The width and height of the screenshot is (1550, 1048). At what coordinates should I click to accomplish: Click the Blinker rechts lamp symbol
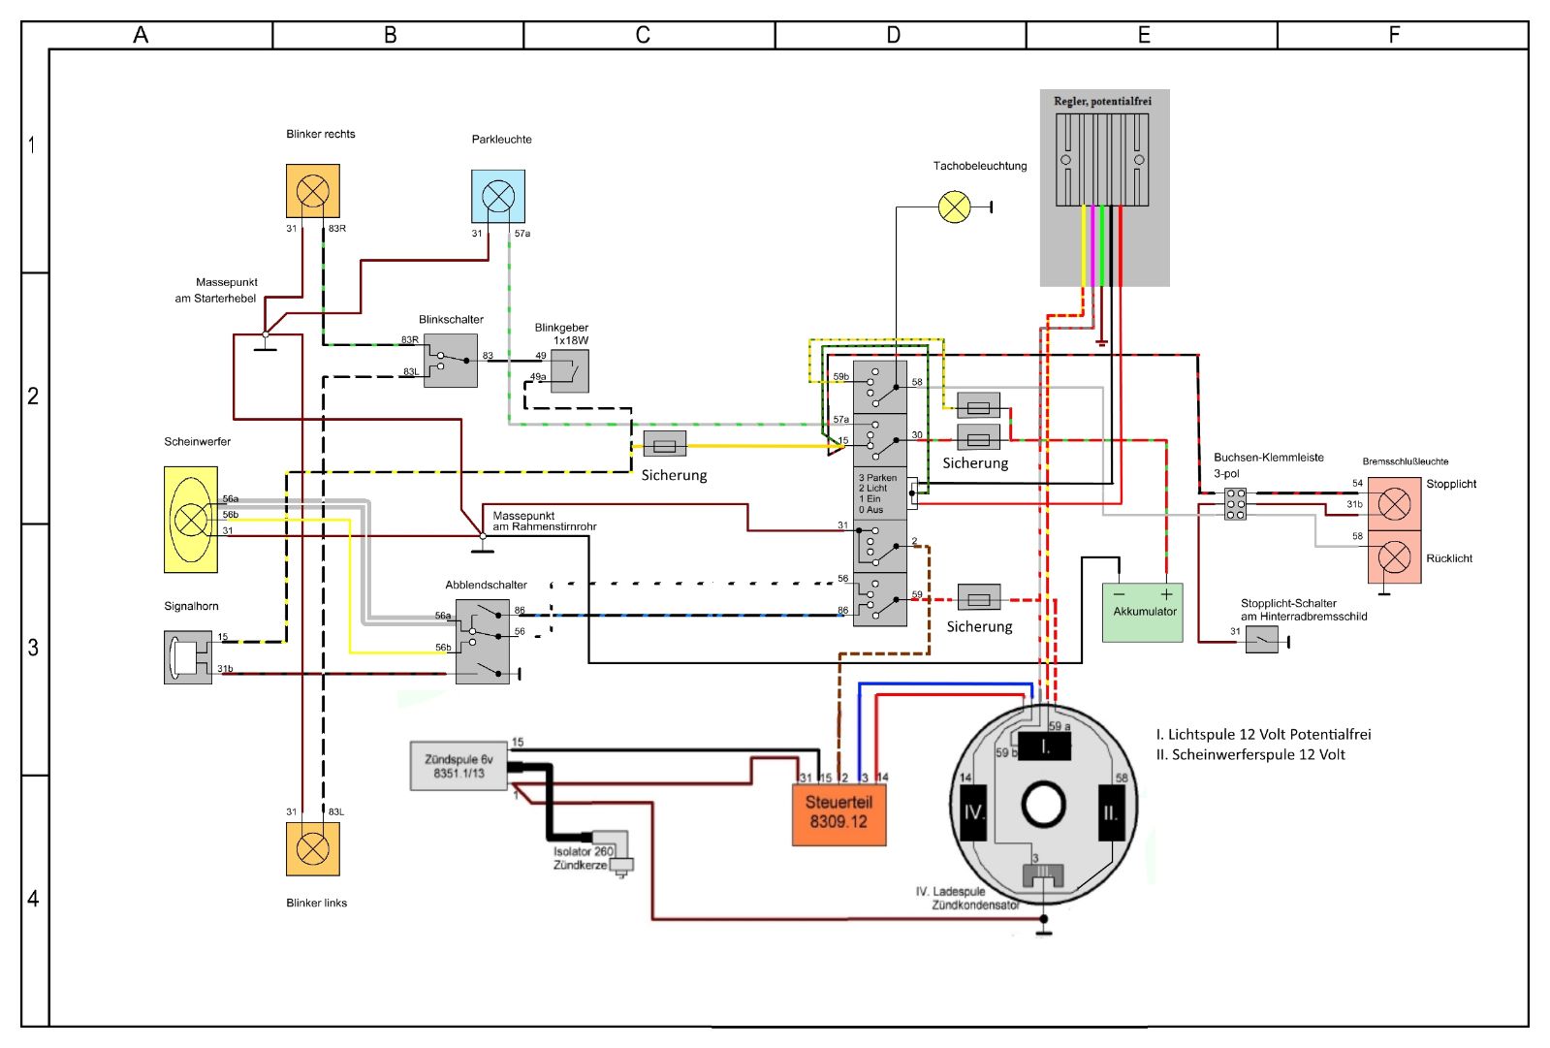tap(313, 191)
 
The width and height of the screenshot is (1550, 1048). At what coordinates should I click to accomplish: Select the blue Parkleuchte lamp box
tap(498, 197)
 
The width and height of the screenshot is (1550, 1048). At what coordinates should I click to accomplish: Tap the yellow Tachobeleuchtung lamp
tap(954, 206)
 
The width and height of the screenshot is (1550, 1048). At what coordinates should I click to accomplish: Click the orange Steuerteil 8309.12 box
tap(838, 814)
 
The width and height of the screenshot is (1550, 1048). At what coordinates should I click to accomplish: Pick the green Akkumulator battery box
tap(1143, 613)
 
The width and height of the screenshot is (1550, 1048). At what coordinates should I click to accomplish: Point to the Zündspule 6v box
tap(459, 766)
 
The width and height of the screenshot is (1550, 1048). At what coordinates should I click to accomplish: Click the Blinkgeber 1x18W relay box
tap(569, 371)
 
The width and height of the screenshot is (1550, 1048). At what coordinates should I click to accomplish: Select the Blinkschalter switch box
tap(451, 361)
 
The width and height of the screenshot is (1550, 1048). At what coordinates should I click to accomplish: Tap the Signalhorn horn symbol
tap(188, 657)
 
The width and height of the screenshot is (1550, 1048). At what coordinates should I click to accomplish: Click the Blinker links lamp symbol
tap(313, 848)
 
